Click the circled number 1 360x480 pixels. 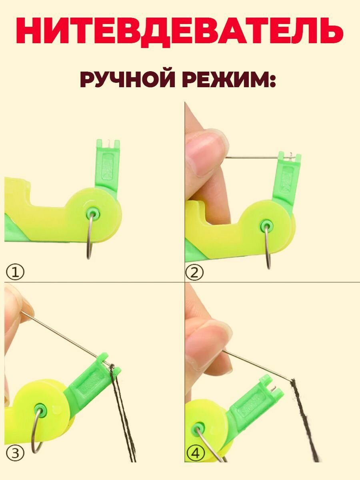click(x=14, y=273)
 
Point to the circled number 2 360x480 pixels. click(x=194, y=273)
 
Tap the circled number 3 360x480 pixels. click(x=14, y=453)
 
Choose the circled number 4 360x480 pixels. click(x=194, y=453)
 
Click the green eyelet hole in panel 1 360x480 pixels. click(x=93, y=212)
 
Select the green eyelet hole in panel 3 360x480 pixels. click(x=40, y=409)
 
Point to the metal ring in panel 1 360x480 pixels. click(x=90, y=240)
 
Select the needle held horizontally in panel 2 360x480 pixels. click(x=252, y=157)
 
